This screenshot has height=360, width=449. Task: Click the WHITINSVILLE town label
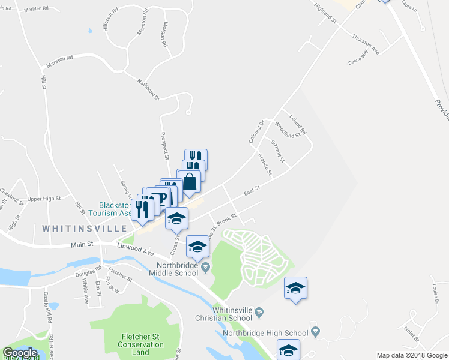click(x=84, y=229)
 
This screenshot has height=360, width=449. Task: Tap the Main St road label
click(x=82, y=244)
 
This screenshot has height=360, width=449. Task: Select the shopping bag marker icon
click(x=189, y=181)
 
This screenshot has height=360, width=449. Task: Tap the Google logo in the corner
click(x=20, y=353)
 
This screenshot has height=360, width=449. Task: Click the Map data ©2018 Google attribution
click(x=412, y=355)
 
